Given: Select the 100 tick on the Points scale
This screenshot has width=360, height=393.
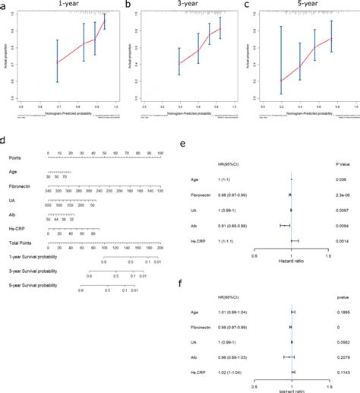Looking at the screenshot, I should tap(160, 154).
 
